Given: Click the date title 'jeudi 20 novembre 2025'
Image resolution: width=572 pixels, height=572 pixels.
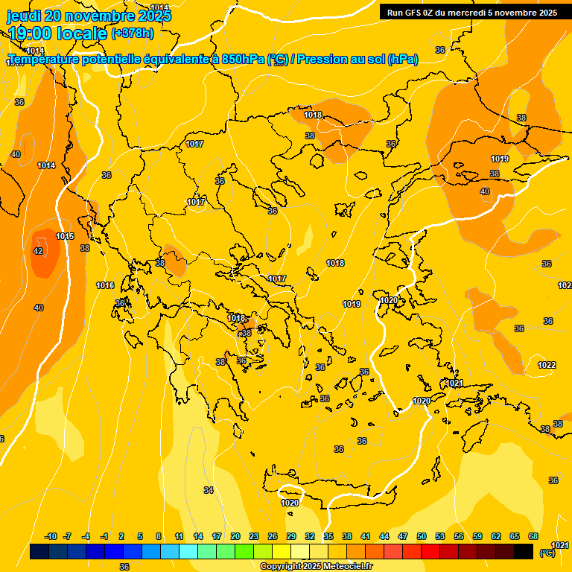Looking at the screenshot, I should click(x=89, y=16).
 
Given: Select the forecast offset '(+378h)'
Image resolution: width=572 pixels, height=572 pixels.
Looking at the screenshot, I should click(x=132, y=34).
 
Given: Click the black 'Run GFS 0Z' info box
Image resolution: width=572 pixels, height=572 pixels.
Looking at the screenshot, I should click(x=472, y=12).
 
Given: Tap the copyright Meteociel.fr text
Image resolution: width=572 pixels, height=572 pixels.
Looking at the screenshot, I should click(x=317, y=566).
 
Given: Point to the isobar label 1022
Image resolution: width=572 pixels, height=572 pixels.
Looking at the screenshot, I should click(x=547, y=365).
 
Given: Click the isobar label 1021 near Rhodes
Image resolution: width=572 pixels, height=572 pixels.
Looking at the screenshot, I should click(x=454, y=383).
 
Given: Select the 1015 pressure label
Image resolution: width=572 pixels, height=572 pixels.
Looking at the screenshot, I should click(x=65, y=236).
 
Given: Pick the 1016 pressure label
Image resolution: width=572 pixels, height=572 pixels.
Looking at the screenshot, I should click(x=105, y=285).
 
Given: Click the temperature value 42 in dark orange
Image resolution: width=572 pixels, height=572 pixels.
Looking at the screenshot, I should click(x=38, y=252).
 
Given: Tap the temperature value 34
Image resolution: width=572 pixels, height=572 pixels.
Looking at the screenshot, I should click(x=209, y=490).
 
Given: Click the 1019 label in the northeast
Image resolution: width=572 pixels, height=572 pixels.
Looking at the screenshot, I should click(x=500, y=159).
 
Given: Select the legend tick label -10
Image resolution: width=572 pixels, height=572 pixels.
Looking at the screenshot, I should click(x=51, y=536).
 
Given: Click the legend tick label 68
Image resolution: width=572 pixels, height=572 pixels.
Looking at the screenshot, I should click(x=533, y=536).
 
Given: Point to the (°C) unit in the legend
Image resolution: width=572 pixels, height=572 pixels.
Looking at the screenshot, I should click(x=547, y=553).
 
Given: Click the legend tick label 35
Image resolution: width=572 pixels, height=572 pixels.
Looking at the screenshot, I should click(x=328, y=536).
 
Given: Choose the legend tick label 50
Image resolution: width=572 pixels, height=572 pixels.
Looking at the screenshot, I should click(x=421, y=536).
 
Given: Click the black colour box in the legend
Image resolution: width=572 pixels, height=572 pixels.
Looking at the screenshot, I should click(x=524, y=551).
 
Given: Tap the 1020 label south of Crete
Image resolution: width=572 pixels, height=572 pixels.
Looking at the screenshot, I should click(x=290, y=503).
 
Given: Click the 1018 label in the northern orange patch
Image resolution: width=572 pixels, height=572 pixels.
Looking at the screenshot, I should click(x=313, y=115).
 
